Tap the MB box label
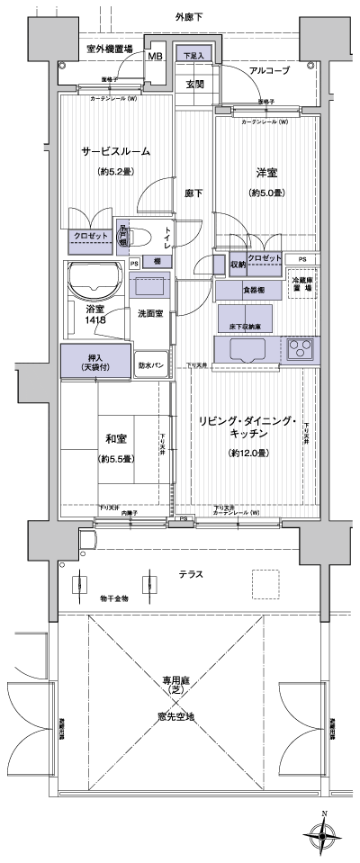coord(155,55)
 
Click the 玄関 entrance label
coord(194,85)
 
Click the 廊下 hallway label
coord(193,192)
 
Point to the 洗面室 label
coord(149,313)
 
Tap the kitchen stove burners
coord(299,349)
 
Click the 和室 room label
coord(116,439)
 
